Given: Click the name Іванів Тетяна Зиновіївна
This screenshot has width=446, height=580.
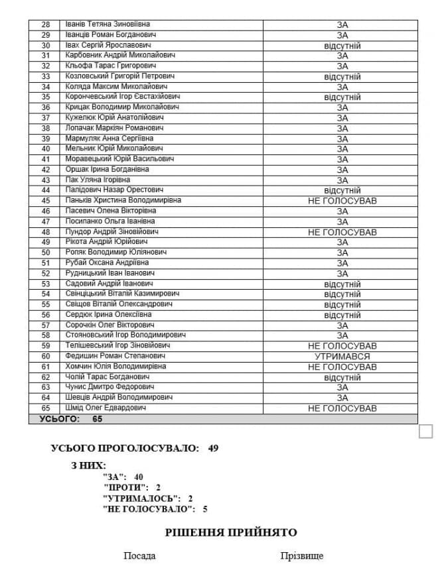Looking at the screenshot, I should coord(108,25).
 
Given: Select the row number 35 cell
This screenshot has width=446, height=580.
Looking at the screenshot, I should coord(46,97).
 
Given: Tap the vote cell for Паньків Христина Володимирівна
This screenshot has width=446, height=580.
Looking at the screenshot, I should coord(342,201).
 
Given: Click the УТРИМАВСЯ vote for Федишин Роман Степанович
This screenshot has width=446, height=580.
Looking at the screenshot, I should coord(342,357).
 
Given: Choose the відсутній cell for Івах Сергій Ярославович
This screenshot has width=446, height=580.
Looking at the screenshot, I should coord(342,46).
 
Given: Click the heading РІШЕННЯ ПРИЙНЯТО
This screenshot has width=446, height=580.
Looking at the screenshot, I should coord(231,532).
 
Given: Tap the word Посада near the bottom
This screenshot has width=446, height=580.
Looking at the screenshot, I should coord(139,555).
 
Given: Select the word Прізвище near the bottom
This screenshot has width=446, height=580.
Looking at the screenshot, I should coord(302,555).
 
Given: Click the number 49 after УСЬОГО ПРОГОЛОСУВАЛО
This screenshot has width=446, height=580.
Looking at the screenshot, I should coord(213,448).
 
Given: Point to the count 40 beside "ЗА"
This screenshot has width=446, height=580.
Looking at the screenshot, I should coord(138,477).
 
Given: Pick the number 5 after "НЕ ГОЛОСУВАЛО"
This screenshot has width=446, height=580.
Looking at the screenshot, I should coord(205,508).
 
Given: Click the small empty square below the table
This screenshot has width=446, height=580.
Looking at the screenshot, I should coord(426,432).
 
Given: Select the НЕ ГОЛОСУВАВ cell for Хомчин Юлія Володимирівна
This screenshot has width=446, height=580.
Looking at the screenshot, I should coord(342,367).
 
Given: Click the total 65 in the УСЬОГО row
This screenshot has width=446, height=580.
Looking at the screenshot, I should coord(98,419).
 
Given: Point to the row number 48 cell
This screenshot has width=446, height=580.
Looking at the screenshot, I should coord(46,232).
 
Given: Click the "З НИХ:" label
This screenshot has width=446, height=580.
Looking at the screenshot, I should coord(88,465).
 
